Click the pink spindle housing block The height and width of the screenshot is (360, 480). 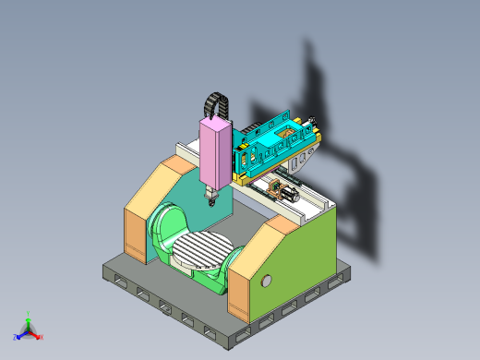click(x=214, y=152)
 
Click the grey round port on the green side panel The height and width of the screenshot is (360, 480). click(x=268, y=280)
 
